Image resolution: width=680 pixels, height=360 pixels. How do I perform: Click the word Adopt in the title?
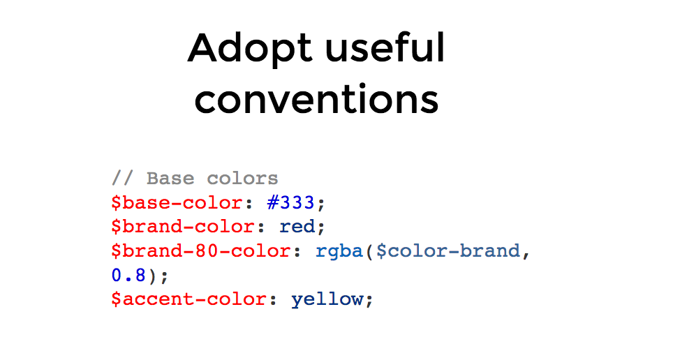click(250, 49)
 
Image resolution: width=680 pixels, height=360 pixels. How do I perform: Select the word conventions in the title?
click(316, 98)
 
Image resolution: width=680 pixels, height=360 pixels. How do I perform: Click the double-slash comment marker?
click(123, 178)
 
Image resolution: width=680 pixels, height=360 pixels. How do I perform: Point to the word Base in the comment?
click(170, 179)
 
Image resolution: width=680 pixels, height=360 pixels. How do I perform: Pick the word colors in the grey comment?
click(242, 179)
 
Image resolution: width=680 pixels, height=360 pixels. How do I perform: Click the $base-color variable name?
click(177, 203)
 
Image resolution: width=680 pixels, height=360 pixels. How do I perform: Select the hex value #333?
click(290, 202)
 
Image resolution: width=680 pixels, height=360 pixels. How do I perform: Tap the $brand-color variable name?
click(183, 227)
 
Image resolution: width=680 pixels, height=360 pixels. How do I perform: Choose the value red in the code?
click(297, 227)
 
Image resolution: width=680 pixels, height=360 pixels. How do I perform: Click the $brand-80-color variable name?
click(201, 251)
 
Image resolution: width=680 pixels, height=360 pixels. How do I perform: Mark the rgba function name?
click(339, 252)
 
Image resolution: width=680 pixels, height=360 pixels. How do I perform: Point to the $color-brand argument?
click(448, 251)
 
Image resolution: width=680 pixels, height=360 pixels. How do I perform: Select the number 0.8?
click(128, 275)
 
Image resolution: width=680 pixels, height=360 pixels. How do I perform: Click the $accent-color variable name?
click(189, 299)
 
